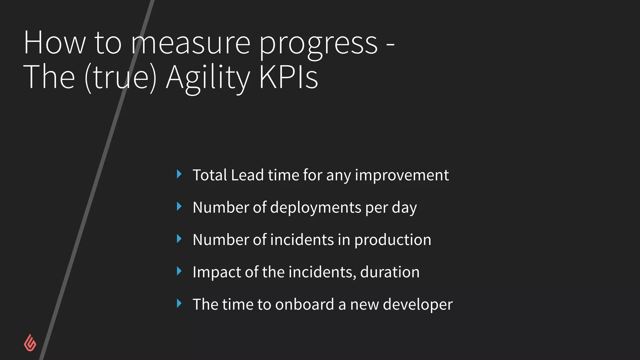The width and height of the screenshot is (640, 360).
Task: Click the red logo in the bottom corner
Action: (x=30, y=343)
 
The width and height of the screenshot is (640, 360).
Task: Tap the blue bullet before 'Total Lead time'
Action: (x=179, y=174)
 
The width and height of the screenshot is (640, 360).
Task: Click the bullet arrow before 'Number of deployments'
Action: (x=179, y=207)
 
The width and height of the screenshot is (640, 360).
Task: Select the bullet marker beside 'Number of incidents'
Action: (x=179, y=239)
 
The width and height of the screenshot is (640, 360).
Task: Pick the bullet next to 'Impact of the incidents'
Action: (x=179, y=271)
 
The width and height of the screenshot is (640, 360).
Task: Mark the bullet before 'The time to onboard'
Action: (x=179, y=303)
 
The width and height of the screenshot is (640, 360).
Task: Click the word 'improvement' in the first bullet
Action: (x=402, y=175)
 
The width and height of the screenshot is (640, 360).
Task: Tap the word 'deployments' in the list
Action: (x=316, y=207)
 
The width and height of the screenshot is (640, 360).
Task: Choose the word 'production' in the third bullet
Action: (x=393, y=240)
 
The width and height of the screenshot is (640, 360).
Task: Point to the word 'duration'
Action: (x=390, y=272)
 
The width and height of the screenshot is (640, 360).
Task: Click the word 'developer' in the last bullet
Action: (x=417, y=305)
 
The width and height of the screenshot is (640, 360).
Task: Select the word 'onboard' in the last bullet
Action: (x=305, y=304)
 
